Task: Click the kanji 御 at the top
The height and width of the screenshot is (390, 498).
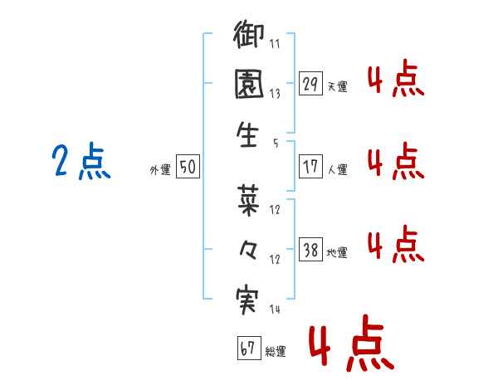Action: coord(248,34)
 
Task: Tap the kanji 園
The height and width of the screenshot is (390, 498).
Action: coord(249,84)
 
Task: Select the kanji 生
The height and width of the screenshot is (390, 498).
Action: coord(247,134)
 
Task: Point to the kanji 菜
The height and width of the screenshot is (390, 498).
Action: coord(248,201)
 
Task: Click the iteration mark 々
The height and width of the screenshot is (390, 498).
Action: coord(247,250)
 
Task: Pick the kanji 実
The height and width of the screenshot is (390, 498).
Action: coord(247,300)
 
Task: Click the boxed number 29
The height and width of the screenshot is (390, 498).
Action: coord(310,84)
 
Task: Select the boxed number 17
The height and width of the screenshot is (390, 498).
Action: coord(310,167)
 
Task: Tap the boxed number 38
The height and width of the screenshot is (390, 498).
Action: coord(310,249)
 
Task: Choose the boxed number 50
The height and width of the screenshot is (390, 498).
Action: coord(188,166)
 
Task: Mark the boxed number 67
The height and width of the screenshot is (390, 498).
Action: coord(249,348)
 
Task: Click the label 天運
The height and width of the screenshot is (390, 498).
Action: coord(338,86)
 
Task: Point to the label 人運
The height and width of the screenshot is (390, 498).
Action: coord(338,169)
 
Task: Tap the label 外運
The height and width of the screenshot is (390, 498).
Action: coord(160,169)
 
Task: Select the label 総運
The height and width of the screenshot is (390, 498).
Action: coord(276,351)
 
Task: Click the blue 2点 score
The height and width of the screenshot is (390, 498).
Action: coord(81,161)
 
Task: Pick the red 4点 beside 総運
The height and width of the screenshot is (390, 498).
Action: coord(352,343)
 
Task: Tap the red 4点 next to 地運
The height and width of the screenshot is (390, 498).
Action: coord(396,244)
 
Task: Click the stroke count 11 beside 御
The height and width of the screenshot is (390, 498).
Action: coord(275,43)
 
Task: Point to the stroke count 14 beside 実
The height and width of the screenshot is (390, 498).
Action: coord(275,309)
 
